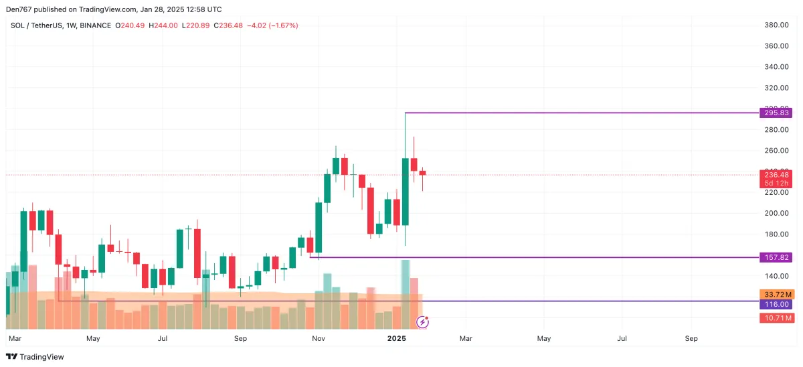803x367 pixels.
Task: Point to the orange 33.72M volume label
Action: [776, 294]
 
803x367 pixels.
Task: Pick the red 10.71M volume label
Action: [776, 317]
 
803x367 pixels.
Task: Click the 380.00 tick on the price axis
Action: [776, 25]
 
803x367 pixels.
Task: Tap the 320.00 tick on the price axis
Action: [776, 88]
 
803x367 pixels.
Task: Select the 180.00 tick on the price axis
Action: [776, 234]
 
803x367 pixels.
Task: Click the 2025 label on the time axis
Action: [397, 339]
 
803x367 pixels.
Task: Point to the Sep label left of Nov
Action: [241, 339]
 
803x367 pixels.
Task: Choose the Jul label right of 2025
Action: [622, 339]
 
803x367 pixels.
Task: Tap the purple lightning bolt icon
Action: [422, 322]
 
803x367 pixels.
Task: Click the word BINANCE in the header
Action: [96, 25]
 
